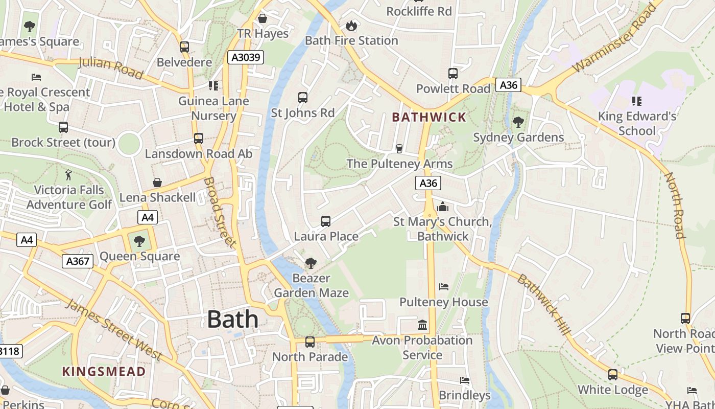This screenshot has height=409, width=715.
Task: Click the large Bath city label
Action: pos(232,320)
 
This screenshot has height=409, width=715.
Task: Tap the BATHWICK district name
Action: pos(429,117)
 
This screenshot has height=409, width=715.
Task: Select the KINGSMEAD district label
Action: pos(104,371)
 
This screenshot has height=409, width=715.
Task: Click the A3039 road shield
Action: pos(246,57)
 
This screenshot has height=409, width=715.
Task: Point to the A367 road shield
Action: pos(78,261)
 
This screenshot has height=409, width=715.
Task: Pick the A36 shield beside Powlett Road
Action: pos(508,85)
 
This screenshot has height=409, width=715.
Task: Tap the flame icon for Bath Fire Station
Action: pos(351,26)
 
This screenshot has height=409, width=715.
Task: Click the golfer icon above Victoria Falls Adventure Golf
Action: pos(68,175)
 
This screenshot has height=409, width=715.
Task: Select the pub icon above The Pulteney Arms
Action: pos(399,149)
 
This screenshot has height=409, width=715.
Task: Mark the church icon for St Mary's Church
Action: pos(443,207)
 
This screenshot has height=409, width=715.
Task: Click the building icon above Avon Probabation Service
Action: pos(422,325)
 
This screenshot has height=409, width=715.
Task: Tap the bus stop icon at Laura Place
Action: pos(326,221)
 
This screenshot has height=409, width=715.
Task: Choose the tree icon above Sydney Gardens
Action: pos(518,122)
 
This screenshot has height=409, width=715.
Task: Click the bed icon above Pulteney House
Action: pos(443,287)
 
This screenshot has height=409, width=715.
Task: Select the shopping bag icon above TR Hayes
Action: pos(263,18)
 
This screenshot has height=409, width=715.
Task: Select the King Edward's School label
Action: pos(637,123)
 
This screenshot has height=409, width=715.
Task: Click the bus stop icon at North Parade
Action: pos(309,342)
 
